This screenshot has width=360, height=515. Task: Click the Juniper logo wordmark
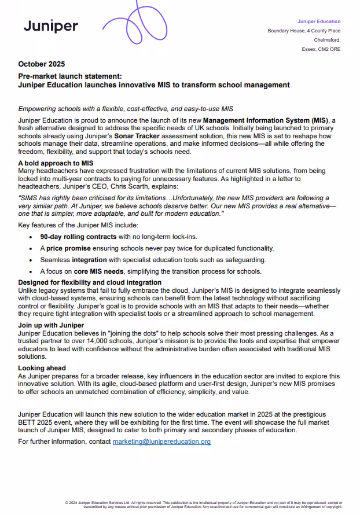(x=50, y=26)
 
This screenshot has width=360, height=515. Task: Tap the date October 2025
(x=41, y=64)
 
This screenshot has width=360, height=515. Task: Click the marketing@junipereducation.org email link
(x=161, y=442)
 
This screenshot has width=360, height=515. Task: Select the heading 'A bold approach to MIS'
(x=56, y=164)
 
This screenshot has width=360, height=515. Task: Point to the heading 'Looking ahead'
(x=42, y=368)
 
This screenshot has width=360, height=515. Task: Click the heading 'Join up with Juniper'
(x=51, y=326)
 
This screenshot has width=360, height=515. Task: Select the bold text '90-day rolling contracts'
(x=78, y=237)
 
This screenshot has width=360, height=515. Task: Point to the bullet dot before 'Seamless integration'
(x=31, y=260)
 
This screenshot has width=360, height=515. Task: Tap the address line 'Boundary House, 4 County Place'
(x=304, y=31)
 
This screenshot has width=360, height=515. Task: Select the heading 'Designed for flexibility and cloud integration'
(x=90, y=283)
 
